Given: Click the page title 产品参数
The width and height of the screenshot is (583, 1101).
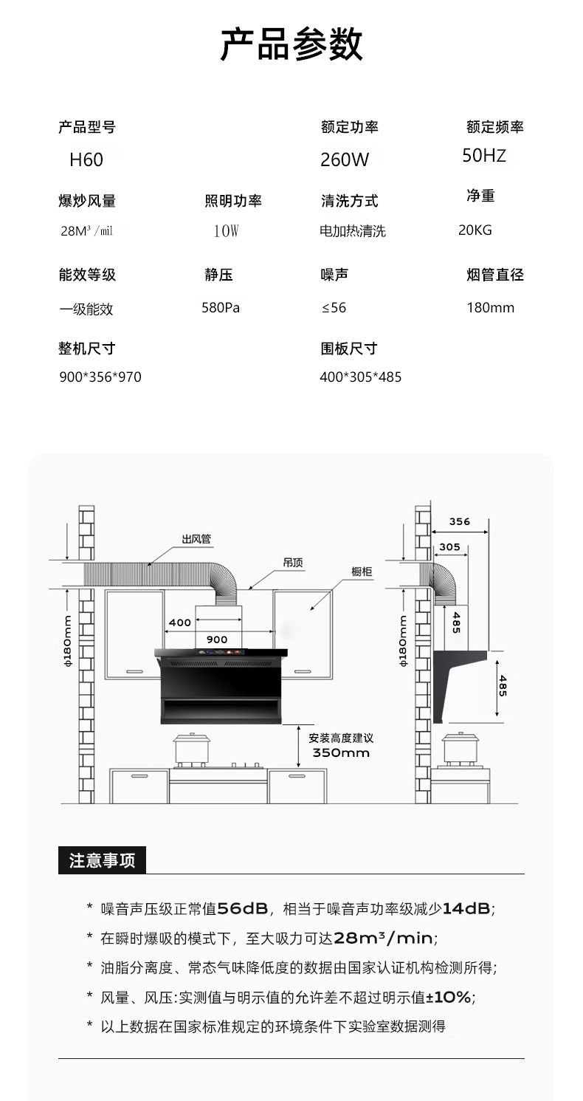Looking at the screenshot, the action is coord(291,45).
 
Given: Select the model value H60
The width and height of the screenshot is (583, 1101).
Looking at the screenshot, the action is coord(86,160).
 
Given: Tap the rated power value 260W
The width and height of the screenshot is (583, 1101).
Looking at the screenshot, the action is coord(345,160).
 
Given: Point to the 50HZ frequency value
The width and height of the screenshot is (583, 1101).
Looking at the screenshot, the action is coord(484,155).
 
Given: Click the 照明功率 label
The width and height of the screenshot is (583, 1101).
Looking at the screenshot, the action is coord(233,201).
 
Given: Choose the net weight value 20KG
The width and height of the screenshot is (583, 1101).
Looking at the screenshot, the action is coord(475,230).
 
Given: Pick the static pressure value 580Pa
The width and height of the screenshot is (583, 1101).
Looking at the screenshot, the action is coord(221,308).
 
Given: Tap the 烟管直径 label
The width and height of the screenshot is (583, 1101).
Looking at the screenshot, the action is coord(495,275).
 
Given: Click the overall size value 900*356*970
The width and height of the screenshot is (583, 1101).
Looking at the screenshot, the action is coord(100,377).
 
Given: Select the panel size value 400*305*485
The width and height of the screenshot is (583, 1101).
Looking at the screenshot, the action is coord(361,377).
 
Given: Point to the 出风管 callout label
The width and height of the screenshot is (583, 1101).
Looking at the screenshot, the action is coord(196,539).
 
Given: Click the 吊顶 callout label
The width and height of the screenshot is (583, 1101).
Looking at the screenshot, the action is coord(293,563).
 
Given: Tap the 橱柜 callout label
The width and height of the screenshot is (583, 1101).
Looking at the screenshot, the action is coord(362,572).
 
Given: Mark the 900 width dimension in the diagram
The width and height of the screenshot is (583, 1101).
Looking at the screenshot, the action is coord(217,639).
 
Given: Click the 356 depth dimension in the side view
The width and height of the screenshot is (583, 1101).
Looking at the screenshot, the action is coord(460,521).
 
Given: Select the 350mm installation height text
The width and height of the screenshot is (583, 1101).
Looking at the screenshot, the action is coord(341,753).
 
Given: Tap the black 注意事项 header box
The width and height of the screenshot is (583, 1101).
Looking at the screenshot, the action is coord(102,860).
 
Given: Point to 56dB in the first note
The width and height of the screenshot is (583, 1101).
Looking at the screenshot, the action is coord(243,909).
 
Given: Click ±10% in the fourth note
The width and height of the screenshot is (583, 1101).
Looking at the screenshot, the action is coord(449,998).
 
